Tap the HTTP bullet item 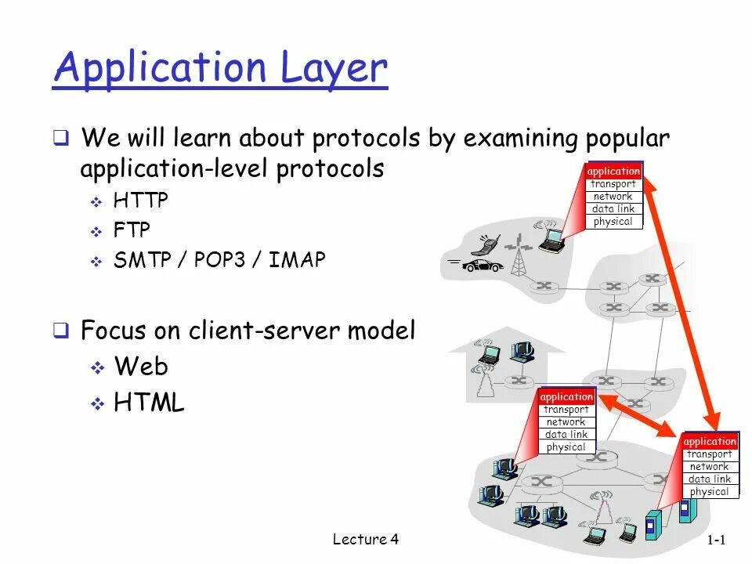pyautogui.click(x=141, y=201)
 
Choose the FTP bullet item pyautogui.click(x=132, y=230)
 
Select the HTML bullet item pyautogui.click(x=149, y=403)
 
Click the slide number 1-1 pyautogui.click(x=717, y=540)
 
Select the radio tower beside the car pyautogui.click(x=517, y=258)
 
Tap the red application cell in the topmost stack pyautogui.click(x=613, y=171)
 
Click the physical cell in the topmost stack pyautogui.click(x=613, y=222)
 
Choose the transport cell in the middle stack pyautogui.click(x=566, y=410)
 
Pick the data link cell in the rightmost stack pyautogui.click(x=710, y=479)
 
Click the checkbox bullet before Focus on pyautogui.click(x=60, y=331)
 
